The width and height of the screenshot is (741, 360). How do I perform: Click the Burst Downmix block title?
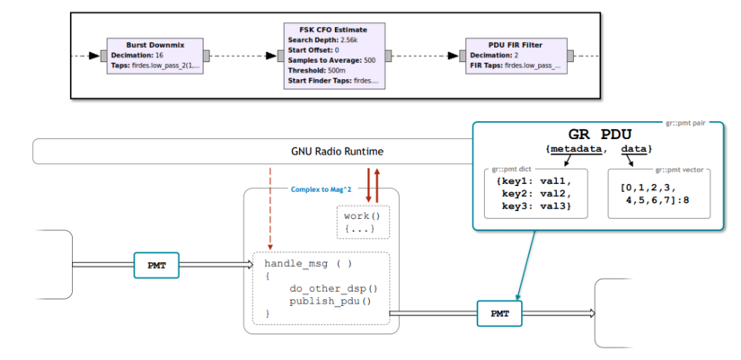155,45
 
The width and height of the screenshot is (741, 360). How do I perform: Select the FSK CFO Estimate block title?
333,30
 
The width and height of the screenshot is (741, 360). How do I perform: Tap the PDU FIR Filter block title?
516,45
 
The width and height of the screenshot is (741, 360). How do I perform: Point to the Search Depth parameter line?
322,40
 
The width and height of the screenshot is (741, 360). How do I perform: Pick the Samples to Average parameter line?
331,60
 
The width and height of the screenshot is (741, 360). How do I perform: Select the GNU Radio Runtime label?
337,152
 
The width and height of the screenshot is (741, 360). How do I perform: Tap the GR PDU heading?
599,134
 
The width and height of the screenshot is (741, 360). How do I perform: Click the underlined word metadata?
578,149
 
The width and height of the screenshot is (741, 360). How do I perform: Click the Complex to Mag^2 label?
317,189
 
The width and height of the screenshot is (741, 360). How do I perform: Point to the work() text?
362,216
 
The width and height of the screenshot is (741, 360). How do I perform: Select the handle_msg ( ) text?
308,264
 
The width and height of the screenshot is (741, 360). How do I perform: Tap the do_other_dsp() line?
334,289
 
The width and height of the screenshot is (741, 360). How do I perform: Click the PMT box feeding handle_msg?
156,265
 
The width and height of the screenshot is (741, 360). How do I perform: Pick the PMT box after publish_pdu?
499,313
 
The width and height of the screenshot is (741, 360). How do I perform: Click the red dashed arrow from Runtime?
269,208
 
